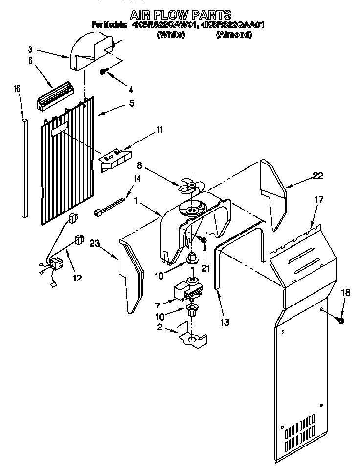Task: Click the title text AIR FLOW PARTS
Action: pos(180,15)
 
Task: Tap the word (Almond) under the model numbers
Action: pos(233,35)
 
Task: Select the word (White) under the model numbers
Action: pos(171,35)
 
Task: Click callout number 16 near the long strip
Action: pos(17,89)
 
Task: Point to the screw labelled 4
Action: pos(104,71)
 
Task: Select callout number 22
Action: pos(318,176)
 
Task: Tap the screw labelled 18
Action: pos(341,320)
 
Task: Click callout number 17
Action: pos(319,200)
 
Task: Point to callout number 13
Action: pos(225,322)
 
